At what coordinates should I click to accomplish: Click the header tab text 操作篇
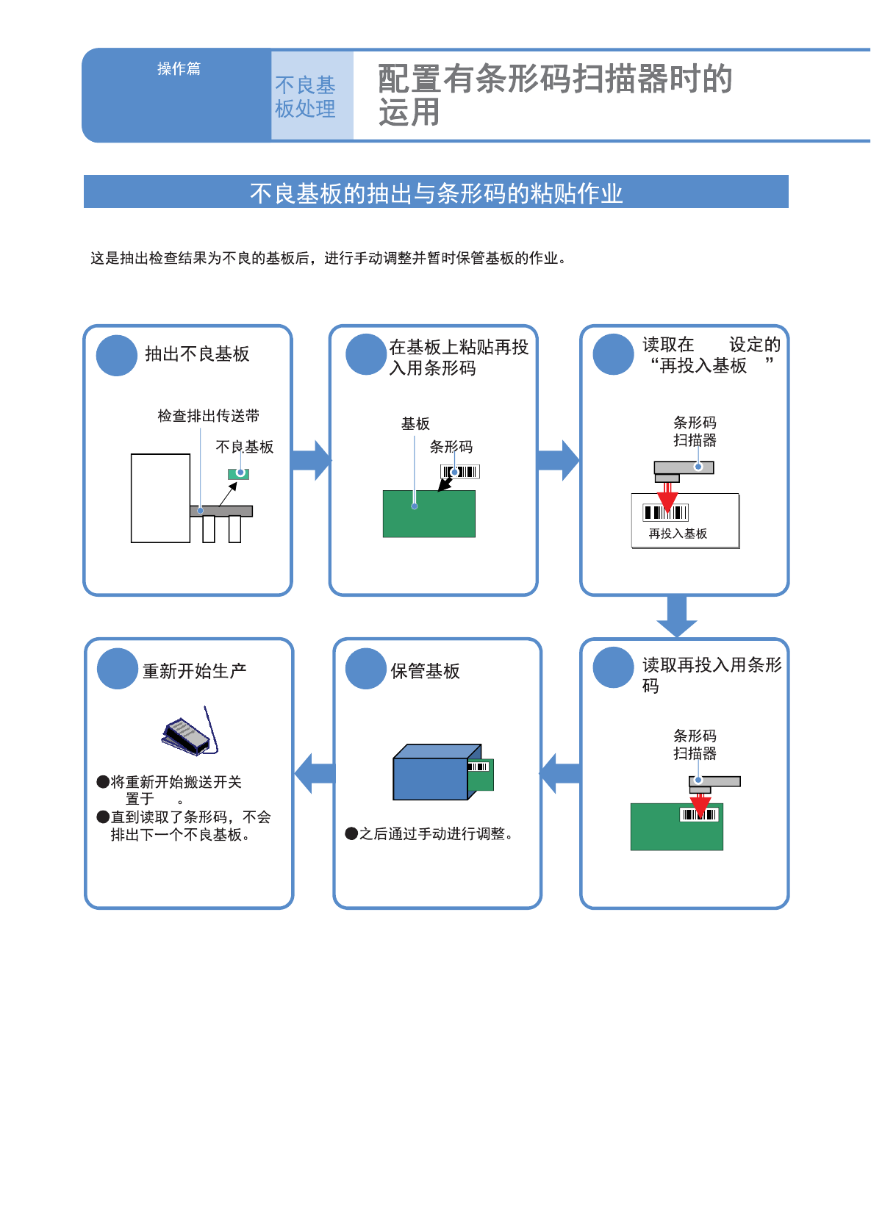179,68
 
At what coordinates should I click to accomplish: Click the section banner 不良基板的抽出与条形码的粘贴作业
436,193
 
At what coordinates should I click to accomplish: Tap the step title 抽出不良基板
197,354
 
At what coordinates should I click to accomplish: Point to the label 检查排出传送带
208,416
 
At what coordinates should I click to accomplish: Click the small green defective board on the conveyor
239,474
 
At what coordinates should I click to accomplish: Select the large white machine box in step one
160,498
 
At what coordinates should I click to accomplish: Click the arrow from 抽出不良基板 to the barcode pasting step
312,460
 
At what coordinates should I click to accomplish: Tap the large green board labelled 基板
429,514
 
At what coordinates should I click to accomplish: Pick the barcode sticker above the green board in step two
460,472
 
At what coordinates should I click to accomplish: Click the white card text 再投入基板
678,534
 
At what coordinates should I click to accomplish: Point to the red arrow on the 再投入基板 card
667,499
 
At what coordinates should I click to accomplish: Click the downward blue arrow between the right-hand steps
676,616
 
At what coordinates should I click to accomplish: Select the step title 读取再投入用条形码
711,675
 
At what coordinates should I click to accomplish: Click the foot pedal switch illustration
187,735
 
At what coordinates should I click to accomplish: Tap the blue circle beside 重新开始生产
118,669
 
